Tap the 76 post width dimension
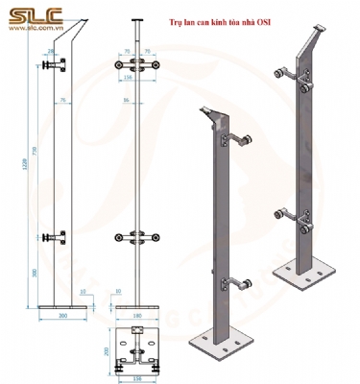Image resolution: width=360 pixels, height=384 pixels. click(x=63, y=99)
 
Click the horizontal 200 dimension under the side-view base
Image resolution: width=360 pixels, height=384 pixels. click(x=63, y=314)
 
